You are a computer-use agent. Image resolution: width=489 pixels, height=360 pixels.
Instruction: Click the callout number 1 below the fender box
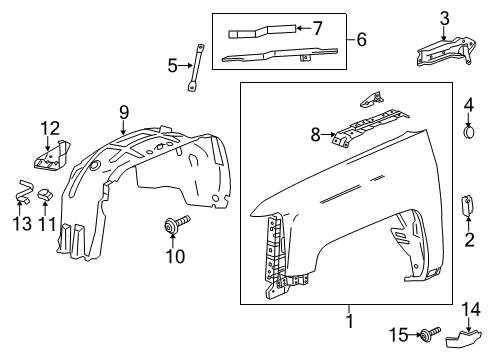(x=349, y=323)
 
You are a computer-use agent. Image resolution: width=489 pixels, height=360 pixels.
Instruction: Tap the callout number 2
(x=469, y=238)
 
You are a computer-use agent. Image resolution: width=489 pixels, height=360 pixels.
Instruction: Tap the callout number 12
(x=50, y=127)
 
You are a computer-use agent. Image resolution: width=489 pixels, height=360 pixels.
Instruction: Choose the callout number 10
(x=175, y=256)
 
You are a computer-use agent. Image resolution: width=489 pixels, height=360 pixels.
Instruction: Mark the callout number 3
(x=444, y=17)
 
